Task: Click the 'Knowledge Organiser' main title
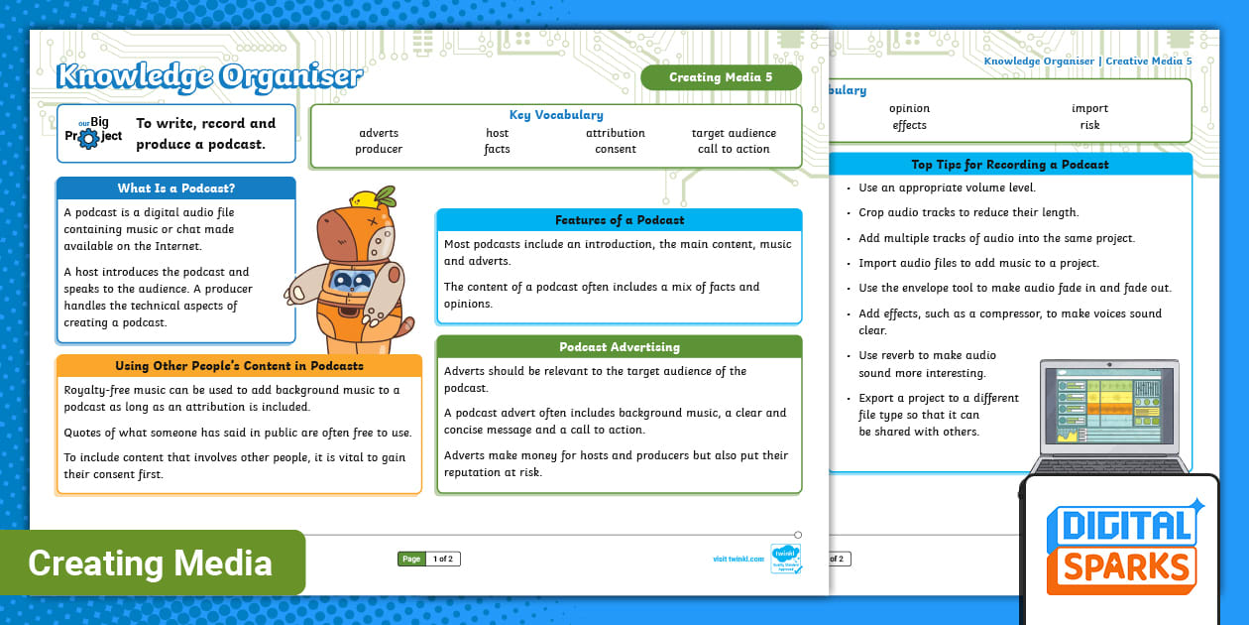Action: pyautogui.click(x=209, y=75)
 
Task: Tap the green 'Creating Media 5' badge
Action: pyautogui.click(x=721, y=77)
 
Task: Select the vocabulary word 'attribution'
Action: pyautogui.click(x=615, y=133)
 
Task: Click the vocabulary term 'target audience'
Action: pyautogui.click(x=734, y=133)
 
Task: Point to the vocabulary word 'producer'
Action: pyautogui.click(x=379, y=149)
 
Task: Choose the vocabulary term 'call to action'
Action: pyautogui.click(x=734, y=149)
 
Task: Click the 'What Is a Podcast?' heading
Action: pyautogui.click(x=176, y=188)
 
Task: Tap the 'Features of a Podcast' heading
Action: pyautogui.click(x=620, y=220)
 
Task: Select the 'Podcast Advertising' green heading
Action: pyautogui.click(x=620, y=347)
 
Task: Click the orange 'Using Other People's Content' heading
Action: pyautogui.click(x=239, y=366)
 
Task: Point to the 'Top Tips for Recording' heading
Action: pyautogui.click(x=1010, y=165)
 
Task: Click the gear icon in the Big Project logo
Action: pyautogui.click(x=88, y=139)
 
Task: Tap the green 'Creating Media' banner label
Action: pyautogui.click(x=151, y=563)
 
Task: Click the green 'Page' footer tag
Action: pyautogui.click(x=411, y=560)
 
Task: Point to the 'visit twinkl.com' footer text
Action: pyautogui.click(x=738, y=560)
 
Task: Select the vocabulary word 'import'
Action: pyautogui.click(x=1089, y=108)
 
